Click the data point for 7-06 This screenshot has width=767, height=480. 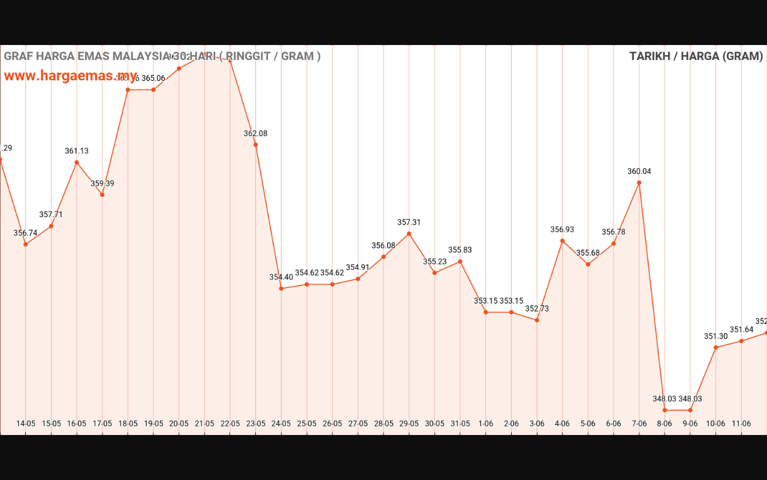(639, 182)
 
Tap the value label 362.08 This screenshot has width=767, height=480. (255, 133)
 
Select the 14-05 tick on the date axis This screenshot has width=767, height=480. (26, 423)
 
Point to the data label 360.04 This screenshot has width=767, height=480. (639, 171)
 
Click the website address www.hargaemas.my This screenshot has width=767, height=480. (71, 76)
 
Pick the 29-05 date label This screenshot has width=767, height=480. (409, 423)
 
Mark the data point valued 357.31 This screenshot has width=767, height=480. (409, 233)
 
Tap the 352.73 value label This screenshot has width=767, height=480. (537, 308)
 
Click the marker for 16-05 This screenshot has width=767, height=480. (77, 162)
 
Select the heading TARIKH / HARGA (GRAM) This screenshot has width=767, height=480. (696, 56)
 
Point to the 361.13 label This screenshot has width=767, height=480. (77, 151)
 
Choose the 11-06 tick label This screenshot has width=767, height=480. (741, 423)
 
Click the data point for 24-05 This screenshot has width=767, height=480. (281, 289)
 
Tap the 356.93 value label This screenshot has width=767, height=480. (562, 229)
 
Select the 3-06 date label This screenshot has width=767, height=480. (537, 423)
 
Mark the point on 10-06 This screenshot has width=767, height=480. (716, 347)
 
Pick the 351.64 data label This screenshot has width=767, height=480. (741, 329)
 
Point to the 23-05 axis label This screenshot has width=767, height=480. (255, 423)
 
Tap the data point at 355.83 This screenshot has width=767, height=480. (460, 261)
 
